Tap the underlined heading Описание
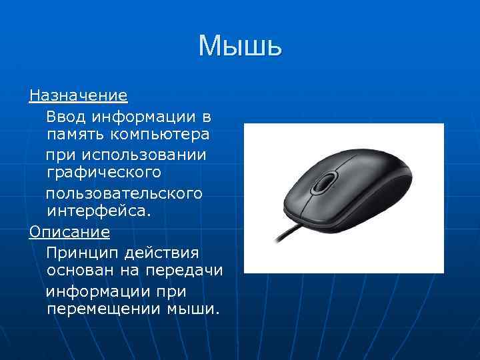tap(69, 233)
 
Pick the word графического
tap(104, 173)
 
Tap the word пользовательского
tap(124, 193)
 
